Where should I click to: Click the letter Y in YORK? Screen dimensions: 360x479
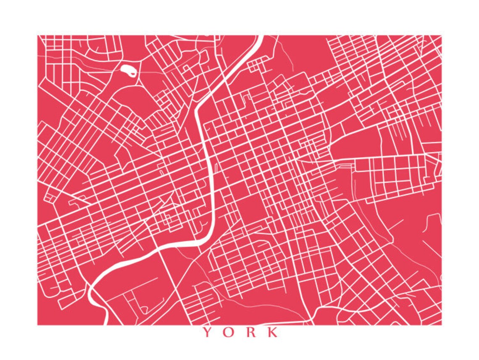point(207,332)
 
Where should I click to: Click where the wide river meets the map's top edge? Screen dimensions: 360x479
point(261,36)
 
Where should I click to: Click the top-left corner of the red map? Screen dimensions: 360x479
point(38,36)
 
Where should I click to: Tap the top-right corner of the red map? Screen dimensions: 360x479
point(441,36)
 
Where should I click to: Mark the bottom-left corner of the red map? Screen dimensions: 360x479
point(38,325)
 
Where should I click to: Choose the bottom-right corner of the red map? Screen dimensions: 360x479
point(441,325)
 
